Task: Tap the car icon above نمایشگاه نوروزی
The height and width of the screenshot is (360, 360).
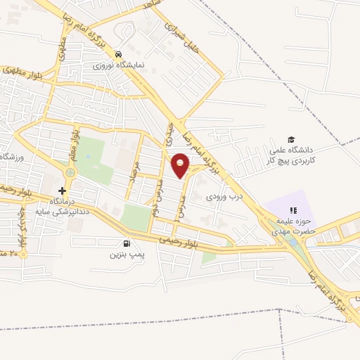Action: pyautogui.click(x=119, y=53)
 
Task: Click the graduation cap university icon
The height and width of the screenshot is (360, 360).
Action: pyautogui.click(x=291, y=139)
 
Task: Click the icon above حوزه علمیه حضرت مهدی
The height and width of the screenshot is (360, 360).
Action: pyautogui.click(x=293, y=210)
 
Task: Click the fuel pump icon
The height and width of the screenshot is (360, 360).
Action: pyautogui.click(x=117, y=244)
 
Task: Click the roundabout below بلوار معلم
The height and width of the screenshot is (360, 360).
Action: pyautogui.click(x=70, y=172)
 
